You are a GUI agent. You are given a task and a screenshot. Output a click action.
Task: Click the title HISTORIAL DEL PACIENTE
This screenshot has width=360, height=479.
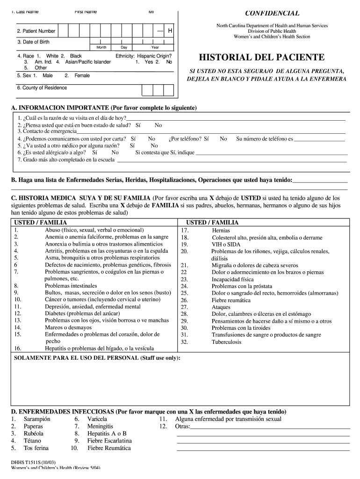coord(261,58)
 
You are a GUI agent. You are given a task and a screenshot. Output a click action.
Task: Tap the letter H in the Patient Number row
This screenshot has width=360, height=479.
coord(170,31)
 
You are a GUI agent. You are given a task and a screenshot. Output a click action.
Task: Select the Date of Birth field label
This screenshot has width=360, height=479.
coord(33,42)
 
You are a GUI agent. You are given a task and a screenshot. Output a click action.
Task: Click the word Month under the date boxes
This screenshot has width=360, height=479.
coord(101,48)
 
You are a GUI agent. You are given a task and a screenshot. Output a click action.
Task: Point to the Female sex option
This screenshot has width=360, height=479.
coord(81,75)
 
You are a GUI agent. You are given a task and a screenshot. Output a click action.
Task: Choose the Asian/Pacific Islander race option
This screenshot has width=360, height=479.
coord(86,62)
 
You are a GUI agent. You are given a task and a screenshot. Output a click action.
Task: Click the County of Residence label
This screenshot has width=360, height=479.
coord(42,88)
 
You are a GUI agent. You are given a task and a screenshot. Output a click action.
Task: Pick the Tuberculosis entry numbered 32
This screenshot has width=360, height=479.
coord(226,342)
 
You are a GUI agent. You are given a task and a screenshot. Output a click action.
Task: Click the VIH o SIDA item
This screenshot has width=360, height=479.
coord(225,244)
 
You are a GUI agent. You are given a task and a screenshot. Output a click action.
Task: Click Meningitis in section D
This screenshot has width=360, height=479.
coord(100,427)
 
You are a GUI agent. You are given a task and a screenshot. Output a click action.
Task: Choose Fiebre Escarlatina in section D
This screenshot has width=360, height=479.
coord(109,441)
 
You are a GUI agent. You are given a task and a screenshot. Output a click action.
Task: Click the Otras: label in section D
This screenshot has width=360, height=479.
coord(182,427)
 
